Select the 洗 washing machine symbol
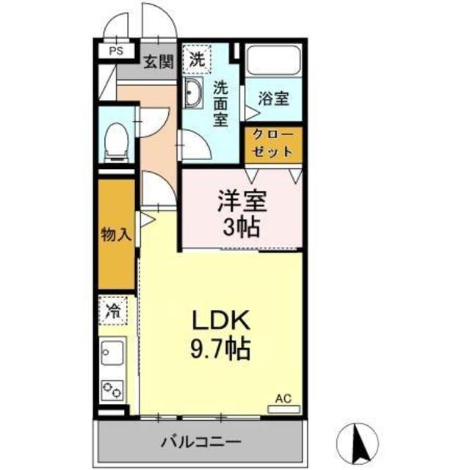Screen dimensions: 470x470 [197, 58]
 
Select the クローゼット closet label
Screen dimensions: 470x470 [273, 143]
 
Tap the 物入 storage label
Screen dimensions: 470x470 [116, 235]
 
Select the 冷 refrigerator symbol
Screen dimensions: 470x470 [115, 311]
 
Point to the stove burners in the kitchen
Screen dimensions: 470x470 [114, 389]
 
